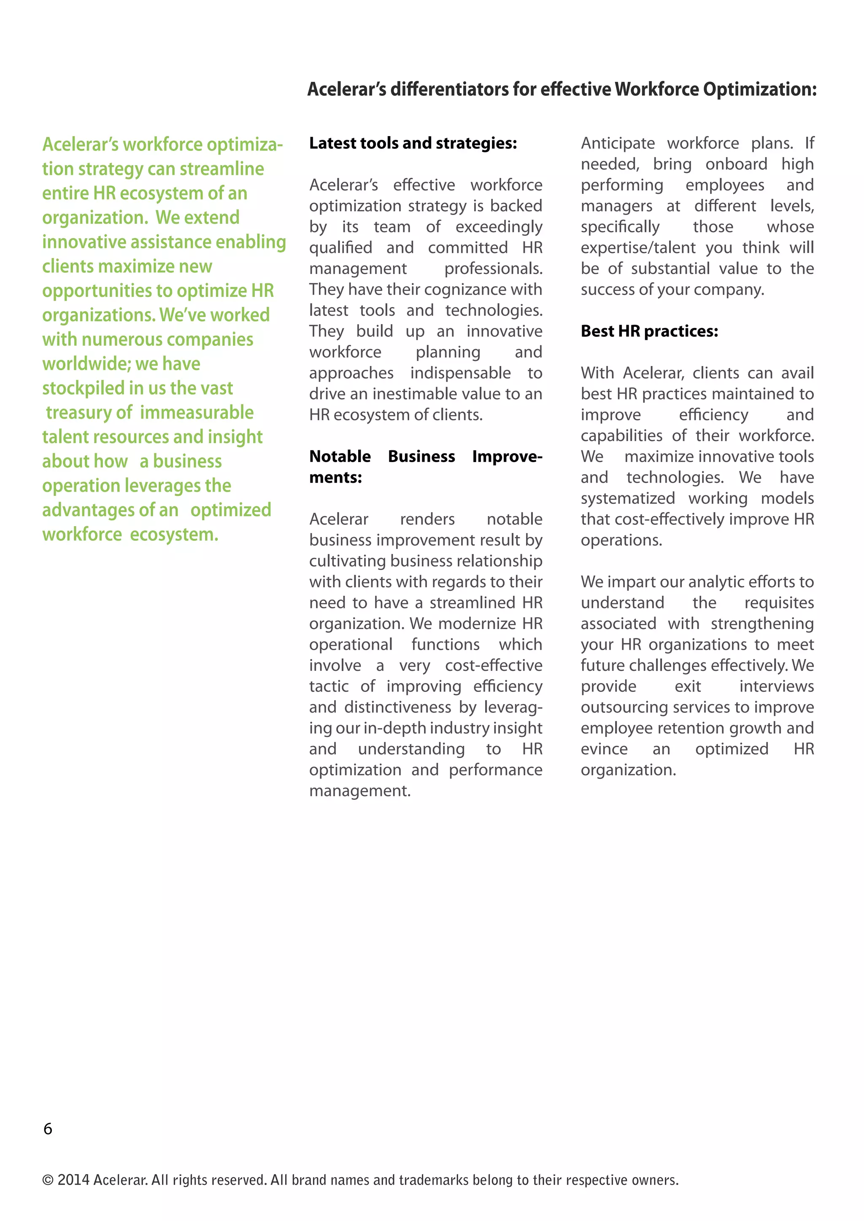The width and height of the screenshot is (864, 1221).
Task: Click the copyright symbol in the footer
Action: tap(48, 1180)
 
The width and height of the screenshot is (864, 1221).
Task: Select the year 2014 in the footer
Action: tap(73, 1180)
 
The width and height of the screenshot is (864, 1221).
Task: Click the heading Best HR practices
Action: tap(649, 331)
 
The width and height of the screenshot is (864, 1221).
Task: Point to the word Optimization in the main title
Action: tap(759, 89)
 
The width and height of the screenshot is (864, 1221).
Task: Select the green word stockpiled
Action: tap(76, 388)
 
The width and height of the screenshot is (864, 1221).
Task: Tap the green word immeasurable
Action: tap(197, 413)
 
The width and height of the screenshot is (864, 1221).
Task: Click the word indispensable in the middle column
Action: tap(460, 373)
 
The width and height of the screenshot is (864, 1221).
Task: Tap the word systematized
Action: tap(627, 498)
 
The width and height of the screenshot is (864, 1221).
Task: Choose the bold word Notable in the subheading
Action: tap(340, 457)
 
